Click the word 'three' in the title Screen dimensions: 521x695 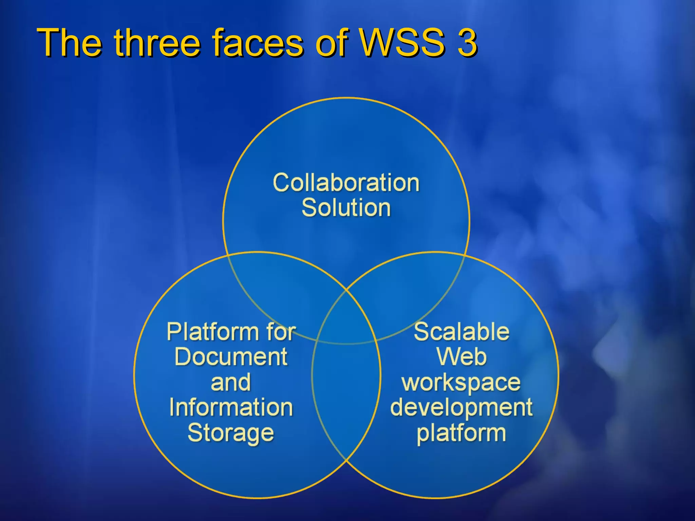coord(157,43)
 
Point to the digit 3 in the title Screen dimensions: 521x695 coord(467,43)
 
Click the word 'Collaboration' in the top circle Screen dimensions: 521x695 coord(346,183)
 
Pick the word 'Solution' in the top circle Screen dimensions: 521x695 coord(346,208)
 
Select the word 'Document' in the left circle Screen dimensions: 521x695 coord(231,357)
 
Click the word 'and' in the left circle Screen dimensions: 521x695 coord(231,382)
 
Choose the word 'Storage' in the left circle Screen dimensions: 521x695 coord(231,433)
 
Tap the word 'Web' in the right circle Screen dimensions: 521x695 coord(462,357)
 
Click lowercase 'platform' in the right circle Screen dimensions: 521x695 coord(462,434)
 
